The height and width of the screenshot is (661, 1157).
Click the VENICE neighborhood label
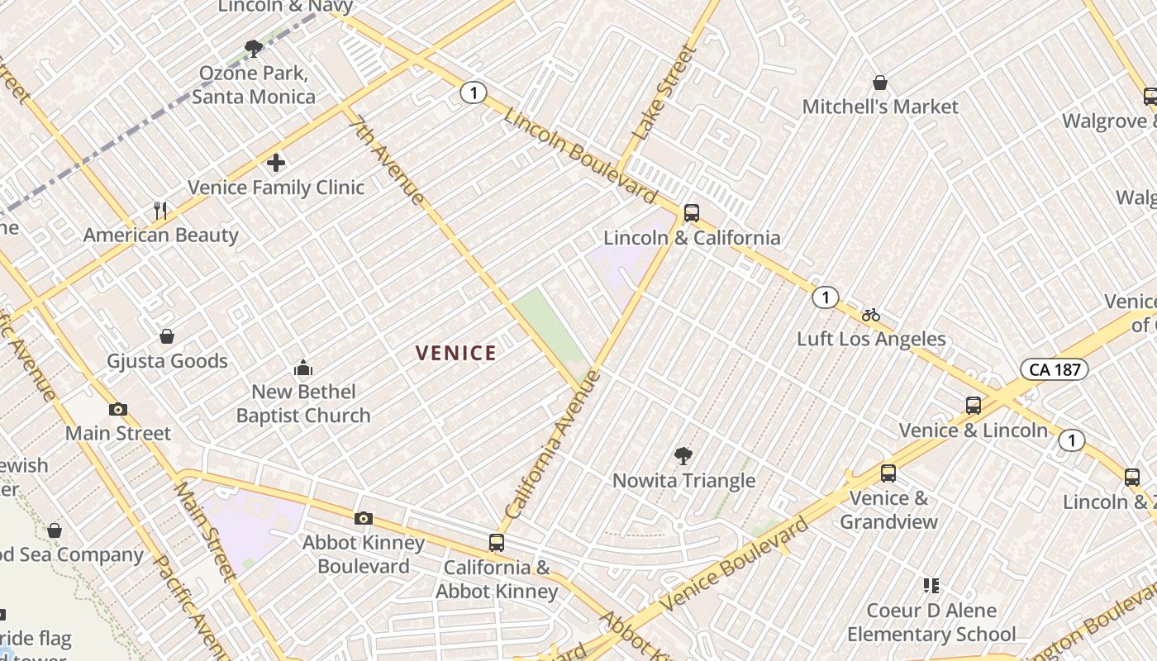pos(456,354)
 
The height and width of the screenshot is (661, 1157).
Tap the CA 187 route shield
pos(1054,369)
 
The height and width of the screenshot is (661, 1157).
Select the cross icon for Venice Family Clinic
pos(276,163)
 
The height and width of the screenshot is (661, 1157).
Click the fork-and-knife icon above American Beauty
pos(160,211)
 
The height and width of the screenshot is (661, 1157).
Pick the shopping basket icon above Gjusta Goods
pos(167,336)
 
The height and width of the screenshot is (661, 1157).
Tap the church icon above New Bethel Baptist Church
pos(303,368)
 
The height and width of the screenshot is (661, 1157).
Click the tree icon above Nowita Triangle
pos(683,455)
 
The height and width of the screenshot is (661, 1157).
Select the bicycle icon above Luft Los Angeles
pos(871,315)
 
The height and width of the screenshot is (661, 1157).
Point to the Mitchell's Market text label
pos(880,107)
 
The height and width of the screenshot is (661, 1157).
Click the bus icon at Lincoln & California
pos(692,213)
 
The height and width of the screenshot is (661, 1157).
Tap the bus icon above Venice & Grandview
pos(888,473)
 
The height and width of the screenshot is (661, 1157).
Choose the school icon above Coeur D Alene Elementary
pos(931,586)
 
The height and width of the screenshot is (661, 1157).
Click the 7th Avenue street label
pos(387,159)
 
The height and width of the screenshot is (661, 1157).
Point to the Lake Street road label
pos(664,92)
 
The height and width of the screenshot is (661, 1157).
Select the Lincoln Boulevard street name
pos(580,155)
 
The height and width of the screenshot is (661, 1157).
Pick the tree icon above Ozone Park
pos(254,49)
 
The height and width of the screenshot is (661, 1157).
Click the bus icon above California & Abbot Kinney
pos(497,543)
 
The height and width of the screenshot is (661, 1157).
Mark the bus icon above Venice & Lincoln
pos(974,406)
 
